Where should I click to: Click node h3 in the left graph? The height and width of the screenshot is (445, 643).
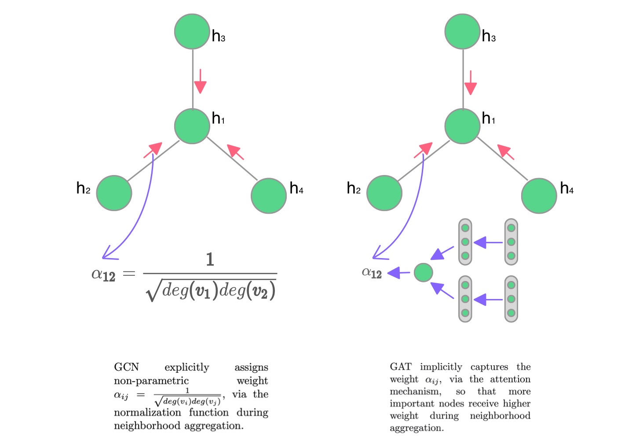click(192, 32)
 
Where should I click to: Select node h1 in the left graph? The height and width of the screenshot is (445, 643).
click(192, 126)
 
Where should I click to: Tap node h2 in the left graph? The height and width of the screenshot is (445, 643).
click(114, 193)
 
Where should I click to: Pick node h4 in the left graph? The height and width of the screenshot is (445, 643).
click(269, 196)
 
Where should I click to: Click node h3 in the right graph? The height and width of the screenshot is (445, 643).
click(462, 32)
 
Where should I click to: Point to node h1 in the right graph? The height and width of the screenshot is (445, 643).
click(462, 126)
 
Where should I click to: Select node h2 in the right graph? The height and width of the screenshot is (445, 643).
click(384, 193)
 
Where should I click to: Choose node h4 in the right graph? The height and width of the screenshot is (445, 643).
click(539, 196)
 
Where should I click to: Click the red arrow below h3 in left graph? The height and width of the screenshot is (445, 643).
click(201, 81)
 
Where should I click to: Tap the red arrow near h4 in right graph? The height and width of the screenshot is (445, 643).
click(505, 152)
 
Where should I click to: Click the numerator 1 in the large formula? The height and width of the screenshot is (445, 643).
click(210, 259)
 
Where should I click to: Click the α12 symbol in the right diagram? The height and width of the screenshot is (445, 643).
click(372, 273)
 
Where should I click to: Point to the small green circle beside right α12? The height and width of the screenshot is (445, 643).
click(424, 273)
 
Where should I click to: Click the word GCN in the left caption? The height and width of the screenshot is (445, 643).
click(126, 367)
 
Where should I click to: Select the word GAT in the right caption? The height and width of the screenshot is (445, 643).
click(401, 367)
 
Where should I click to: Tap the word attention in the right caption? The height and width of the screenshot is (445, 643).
click(510, 379)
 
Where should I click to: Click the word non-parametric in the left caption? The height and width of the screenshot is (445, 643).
click(151, 381)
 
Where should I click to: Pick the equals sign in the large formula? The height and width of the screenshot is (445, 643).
click(129, 274)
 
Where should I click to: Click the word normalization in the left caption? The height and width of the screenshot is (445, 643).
click(147, 412)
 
